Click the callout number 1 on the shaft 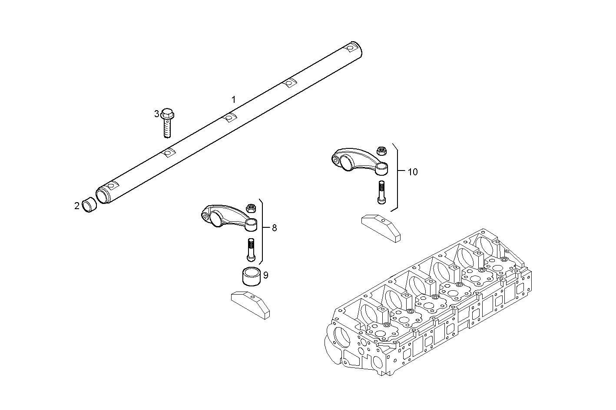(x=233, y=100)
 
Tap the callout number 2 (x=77, y=206)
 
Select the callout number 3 (x=157, y=114)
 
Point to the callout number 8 (x=274, y=228)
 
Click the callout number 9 (x=265, y=275)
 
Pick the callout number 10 (x=412, y=172)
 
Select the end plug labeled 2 (x=89, y=205)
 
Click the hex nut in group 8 (x=250, y=208)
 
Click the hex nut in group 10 (x=382, y=151)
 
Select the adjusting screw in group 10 (x=381, y=192)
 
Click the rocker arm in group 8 (x=226, y=215)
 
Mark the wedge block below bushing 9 (x=250, y=303)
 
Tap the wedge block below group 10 (x=381, y=226)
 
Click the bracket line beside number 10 (x=397, y=177)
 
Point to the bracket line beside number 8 (x=263, y=232)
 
